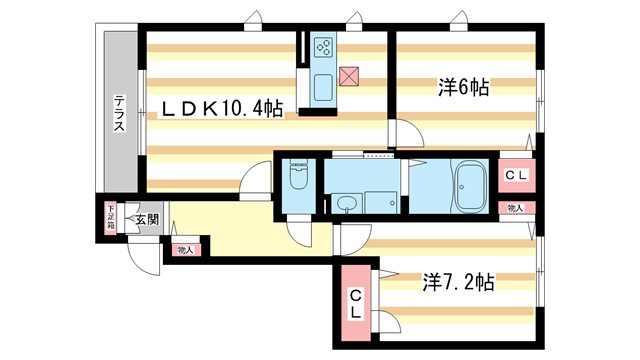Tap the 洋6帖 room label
tap(462, 88)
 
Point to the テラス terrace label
tap(119, 113)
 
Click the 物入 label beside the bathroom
tap(515, 208)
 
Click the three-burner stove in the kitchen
tap(325, 46)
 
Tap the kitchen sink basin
tap(325, 87)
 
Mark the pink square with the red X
tap(349, 75)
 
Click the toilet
tap(298, 183)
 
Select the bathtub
tap(470, 187)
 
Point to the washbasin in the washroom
tap(347, 204)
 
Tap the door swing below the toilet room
tap(298, 229)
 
